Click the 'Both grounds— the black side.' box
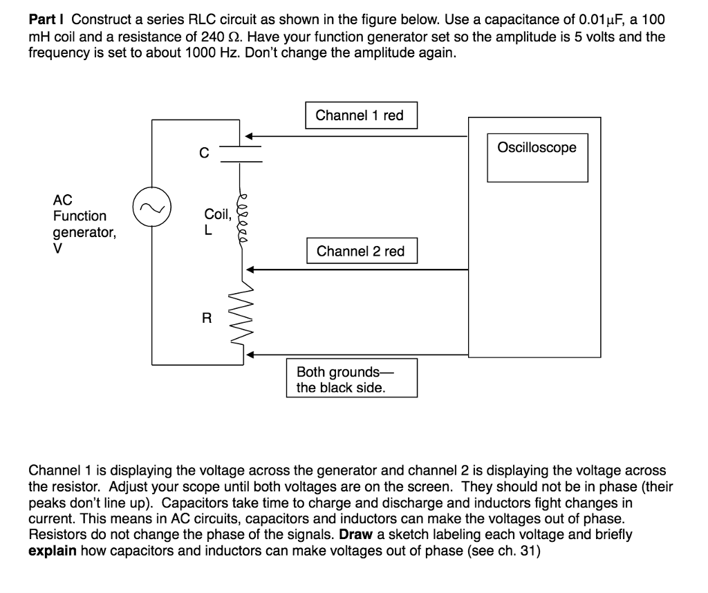(x=352, y=377)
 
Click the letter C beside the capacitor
(x=203, y=153)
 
